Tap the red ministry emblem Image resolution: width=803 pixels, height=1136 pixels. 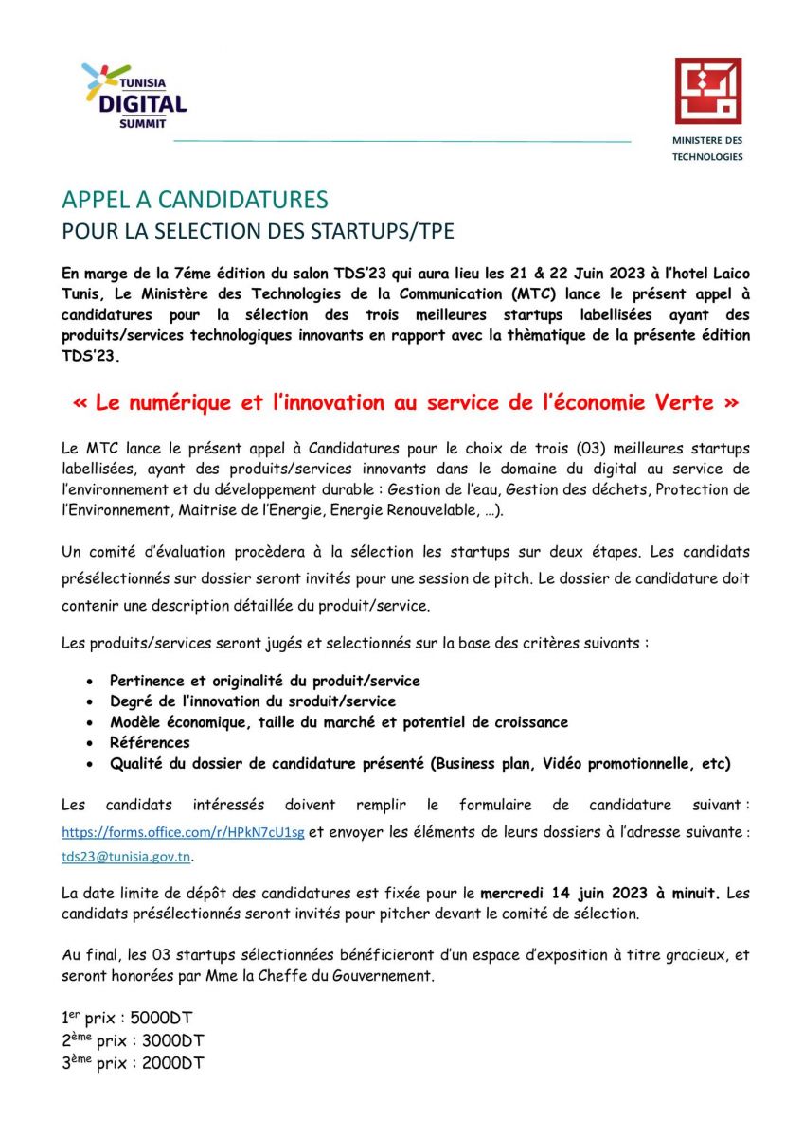click(707, 91)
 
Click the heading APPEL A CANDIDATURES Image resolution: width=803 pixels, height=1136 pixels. click(195, 200)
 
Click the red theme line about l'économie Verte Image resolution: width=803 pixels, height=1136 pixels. click(405, 402)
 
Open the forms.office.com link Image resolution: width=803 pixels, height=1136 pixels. click(183, 832)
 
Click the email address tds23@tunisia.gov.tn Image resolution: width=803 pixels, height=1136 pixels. click(127, 856)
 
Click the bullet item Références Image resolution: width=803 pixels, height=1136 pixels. click(150, 742)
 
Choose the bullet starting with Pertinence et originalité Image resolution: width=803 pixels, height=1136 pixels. click(265, 681)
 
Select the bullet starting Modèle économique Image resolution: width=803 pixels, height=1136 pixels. click(339, 722)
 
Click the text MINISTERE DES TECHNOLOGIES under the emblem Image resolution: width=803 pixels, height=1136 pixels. click(707, 149)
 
